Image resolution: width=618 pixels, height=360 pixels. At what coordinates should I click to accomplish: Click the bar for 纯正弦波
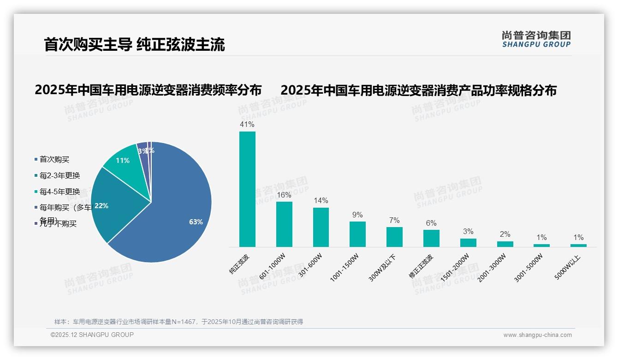pyautogui.click(x=247, y=189)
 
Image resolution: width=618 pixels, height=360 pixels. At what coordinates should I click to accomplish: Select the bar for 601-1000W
pyautogui.click(x=284, y=224)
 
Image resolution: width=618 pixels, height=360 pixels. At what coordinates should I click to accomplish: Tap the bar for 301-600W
pyautogui.click(x=321, y=227)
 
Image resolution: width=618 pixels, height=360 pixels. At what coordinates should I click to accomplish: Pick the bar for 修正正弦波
pyautogui.click(x=431, y=238)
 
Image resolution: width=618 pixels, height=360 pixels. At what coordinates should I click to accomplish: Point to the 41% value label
pyautogui.click(x=247, y=125)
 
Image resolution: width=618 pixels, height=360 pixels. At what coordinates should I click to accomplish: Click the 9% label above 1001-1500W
pyautogui.click(x=357, y=215)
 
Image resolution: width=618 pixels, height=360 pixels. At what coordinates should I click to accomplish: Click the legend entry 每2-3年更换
pyautogui.click(x=59, y=176)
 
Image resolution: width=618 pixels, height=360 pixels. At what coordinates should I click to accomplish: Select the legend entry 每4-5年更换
pyautogui.click(x=59, y=192)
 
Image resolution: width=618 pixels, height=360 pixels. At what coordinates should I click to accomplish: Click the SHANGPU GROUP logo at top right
pyautogui.click(x=536, y=39)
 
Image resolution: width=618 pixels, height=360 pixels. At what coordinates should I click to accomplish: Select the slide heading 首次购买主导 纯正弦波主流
pyautogui.click(x=134, y=45)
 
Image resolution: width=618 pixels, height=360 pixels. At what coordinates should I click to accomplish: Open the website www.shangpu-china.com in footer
pyautogui.click(x=537, y=335)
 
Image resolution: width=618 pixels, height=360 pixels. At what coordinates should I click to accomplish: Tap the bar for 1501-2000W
pyautogui.click(x=468, y=242)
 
